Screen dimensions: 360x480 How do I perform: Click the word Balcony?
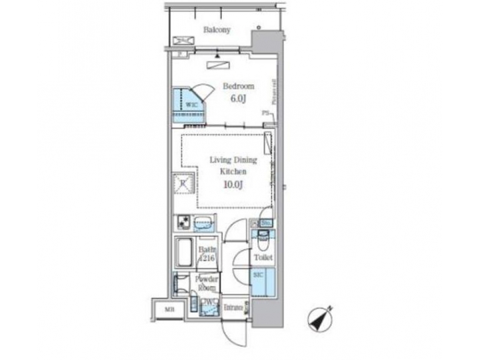(x=217, y=29)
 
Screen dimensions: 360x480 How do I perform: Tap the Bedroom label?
(x=238, y=87)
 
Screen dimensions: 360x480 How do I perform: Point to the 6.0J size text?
(x=239, y=99)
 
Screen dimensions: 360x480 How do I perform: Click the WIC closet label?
(x=191, y=105)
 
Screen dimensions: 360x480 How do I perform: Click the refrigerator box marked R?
(x=183, y=183)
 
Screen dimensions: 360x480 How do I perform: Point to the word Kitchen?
(x=229, y=171)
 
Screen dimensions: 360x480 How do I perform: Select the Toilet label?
(x=263, y=257)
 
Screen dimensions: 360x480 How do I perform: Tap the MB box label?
(x=169, y=309)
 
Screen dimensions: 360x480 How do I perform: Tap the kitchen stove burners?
(x=183, y=222)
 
